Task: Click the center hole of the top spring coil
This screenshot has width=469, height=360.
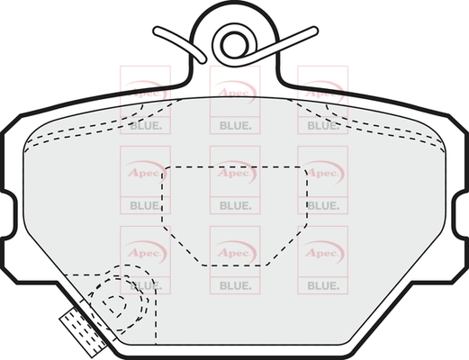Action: pos(235,45)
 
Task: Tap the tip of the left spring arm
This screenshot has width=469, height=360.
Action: pos(157,30)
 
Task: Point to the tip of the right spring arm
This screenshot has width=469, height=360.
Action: pos(314,30)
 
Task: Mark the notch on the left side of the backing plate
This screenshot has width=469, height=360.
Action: pos(9,214)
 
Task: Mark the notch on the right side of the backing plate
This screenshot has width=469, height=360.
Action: pos(461,214)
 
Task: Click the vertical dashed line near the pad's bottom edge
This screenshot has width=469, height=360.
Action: pos(157,312)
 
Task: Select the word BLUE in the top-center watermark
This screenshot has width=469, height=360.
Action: pos(234,126)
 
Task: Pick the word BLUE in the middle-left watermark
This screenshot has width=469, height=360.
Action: pos(144,206)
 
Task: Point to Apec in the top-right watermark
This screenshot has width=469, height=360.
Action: pos(321,92)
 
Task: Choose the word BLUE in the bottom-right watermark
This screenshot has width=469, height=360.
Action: pos(322,286)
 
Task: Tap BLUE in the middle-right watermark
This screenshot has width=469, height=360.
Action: pos(322,206)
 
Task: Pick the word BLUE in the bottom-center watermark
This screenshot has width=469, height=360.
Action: pos(234,286)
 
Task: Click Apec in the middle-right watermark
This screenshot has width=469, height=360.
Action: pos(321,173)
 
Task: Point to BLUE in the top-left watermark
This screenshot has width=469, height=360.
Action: pos(144,126)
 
